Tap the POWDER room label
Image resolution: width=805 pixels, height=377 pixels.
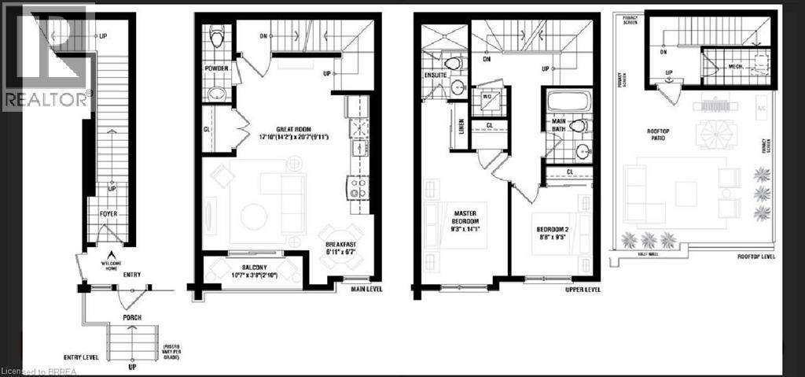pos(216,69)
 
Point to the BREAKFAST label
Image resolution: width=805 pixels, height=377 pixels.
pos(340,245)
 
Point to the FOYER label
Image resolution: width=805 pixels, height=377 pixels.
pos(108,213)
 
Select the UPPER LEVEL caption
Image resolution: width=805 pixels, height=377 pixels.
pos(582,290)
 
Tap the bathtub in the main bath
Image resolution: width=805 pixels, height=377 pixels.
pos(568,101)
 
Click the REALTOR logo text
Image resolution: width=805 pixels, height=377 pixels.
pos(46,99)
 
